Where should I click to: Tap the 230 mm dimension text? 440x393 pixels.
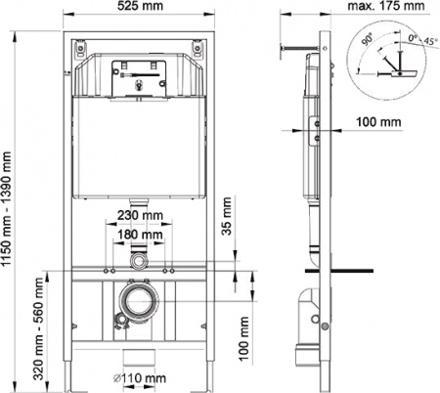tap(139, 218)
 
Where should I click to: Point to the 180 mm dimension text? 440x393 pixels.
tap(139, 235)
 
